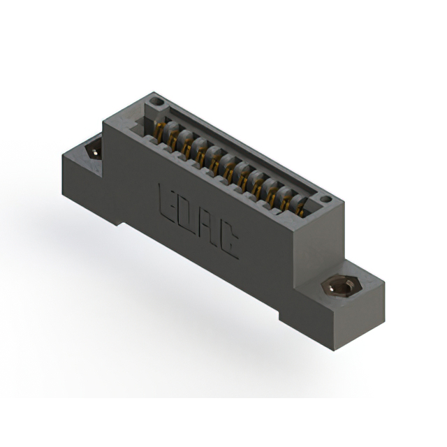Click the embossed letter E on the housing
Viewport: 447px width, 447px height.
pos(168,205)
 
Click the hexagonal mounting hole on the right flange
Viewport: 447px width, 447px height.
pos(342,287)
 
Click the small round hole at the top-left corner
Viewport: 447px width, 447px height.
pos(156,101)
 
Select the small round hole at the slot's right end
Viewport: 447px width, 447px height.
pos(325,198)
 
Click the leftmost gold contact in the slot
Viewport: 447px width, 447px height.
pos(160,132)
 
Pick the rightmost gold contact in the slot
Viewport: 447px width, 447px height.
pos(299,209)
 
